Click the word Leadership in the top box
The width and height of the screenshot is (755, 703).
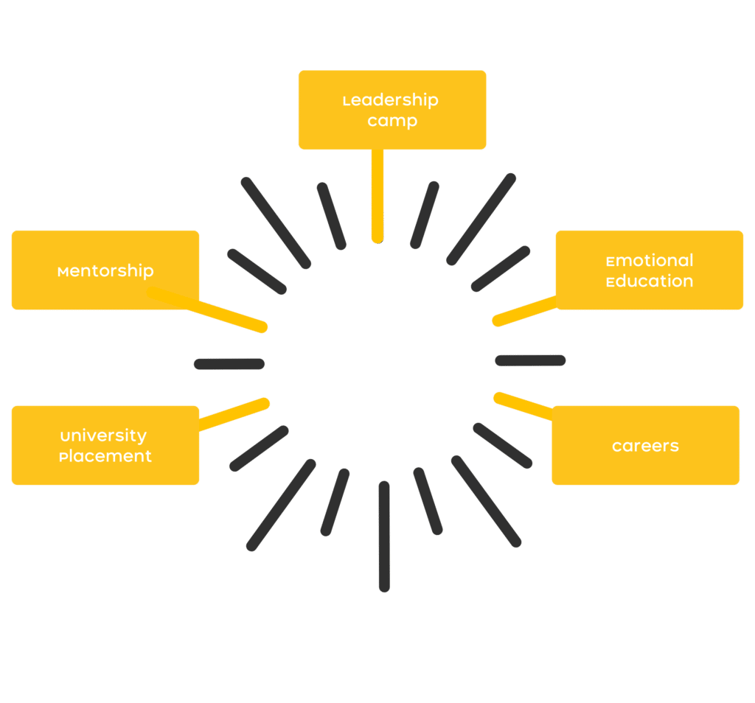coord(391,100)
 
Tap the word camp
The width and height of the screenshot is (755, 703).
coord(392,121)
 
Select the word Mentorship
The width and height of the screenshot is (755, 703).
coord(105,270)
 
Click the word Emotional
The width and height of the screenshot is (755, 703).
coord(649,261)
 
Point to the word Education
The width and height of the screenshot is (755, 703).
coord(649,281)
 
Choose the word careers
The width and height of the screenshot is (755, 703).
coord(645,446)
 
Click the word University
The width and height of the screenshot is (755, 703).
coord(103,436)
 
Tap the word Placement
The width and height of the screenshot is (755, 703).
coord(105,456)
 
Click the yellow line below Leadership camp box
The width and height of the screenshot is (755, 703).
coord(377,195)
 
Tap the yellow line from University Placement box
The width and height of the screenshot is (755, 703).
coord(232,415)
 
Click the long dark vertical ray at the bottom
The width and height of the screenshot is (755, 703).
coord(384,536)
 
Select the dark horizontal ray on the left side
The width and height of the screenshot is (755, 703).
coord(229,363)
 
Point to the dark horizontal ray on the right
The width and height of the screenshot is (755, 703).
coord(531,360)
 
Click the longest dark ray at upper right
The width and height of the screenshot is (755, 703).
coord(481,219)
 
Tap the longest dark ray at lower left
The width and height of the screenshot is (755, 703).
coord(281,506)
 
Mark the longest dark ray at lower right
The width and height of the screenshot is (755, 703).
coord(487,501)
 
